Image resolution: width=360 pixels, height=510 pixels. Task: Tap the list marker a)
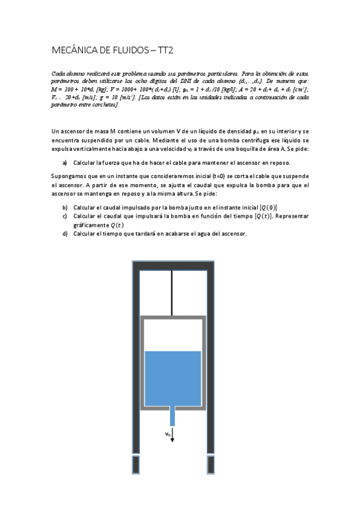coord(64,163)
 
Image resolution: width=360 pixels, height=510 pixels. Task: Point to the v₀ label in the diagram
coord(168,432)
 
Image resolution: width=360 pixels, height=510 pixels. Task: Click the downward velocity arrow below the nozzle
coord(172,436)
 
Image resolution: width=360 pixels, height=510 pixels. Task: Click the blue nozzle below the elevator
coord(172,416)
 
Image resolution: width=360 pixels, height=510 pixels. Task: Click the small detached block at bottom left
coord(136,464)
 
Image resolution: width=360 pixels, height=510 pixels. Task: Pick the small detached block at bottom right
coord(210,464)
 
